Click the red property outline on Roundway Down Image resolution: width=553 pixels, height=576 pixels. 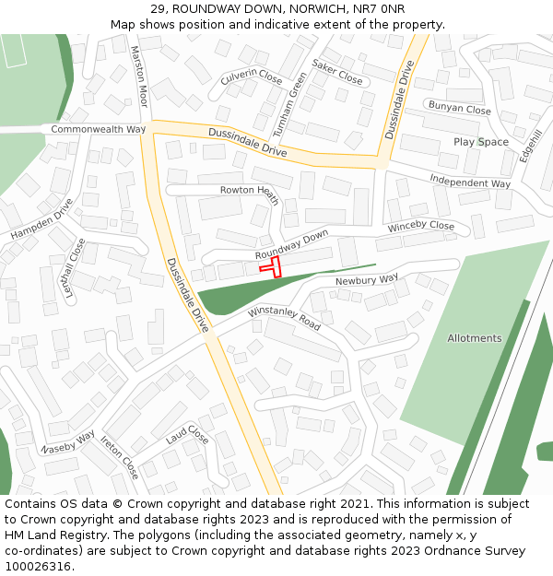tap(271, 266)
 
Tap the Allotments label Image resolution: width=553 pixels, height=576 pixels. tap(475, 338)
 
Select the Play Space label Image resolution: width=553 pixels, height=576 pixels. tap(480, 142)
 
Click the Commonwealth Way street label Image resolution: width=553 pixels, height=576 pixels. tap(99, 129)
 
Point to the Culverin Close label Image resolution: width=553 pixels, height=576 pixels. tap(252, 76)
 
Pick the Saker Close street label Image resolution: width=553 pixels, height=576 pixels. tap(337, 71)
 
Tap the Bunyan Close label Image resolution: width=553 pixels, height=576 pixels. tap(459, 109)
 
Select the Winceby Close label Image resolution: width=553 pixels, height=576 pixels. tap(421, 226)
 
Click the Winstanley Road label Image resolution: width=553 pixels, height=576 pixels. tap(284, 319)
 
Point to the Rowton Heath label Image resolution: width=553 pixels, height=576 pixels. tap(249, 191)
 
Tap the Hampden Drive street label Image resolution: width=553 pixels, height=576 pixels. tap(41, 220)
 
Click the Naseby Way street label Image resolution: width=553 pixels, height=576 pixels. tap(68, 441)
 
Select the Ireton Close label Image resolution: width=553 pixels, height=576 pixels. tap(120, 457)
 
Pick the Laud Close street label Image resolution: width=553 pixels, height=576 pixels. tap(187, 435)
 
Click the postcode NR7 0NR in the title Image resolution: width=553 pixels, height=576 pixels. tap(378, 9)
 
